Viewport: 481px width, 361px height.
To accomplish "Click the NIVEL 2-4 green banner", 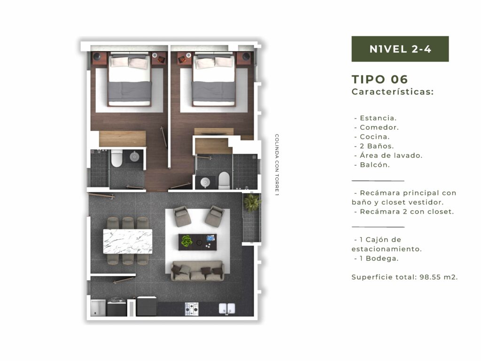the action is tap(400, 49).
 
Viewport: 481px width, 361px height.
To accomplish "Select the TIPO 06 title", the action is tap(380, 79).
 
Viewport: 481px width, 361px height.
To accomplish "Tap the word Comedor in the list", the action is tap(379, 127).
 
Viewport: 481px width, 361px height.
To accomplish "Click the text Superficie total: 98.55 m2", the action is tap(404, 277).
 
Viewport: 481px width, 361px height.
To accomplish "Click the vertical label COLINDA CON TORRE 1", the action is tap(277, 165).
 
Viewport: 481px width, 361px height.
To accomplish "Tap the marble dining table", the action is tap(128, 241).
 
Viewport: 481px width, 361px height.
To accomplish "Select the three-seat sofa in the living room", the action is tap(198, 271).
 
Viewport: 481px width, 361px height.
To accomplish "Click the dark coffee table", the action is tap(198, 242).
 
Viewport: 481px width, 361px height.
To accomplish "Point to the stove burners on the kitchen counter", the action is tap(192, 309).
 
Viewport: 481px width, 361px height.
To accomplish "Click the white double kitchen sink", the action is tap(227, 309).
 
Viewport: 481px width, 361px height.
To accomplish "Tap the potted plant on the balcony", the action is tap(252, 202).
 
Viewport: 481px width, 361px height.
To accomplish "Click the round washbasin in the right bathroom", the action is tap(205, 183).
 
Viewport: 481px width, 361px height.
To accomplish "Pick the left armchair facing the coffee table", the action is tap(182, 216).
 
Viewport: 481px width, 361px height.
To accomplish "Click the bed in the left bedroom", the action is tap(130, 80).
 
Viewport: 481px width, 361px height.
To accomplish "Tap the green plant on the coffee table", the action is tap(186, 241).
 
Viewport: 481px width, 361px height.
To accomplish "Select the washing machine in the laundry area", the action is tap(116, 306).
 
